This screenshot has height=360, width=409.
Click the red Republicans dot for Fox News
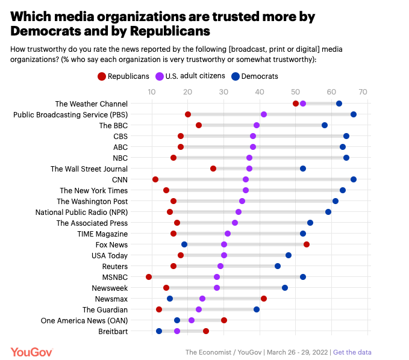[x=307, y=244]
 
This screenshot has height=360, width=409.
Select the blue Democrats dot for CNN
[x=354, y=179]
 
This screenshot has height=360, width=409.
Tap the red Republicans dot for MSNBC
[x=149, y=277]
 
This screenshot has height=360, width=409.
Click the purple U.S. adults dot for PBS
[x=264, y=114]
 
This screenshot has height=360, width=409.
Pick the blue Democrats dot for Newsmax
[x=170, y=299]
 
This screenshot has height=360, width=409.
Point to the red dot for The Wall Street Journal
[x=213, y=169]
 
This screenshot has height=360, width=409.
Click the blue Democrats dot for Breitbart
[x=159, y=331]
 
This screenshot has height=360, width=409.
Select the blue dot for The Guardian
[x=257, y=309]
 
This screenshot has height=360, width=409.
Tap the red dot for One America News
[x=224, y=320]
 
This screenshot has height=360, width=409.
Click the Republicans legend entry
[x=123, y=76]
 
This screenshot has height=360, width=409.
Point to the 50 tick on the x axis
[x=295, y=92]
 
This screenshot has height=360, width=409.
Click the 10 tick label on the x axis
[x=152, y=92]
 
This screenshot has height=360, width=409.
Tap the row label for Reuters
[x=114, y=266]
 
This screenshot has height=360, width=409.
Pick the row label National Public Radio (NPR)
[x=81, y=212]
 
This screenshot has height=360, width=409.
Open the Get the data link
[x=352, y=352]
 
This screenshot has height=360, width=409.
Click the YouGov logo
[x=31, y=352]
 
